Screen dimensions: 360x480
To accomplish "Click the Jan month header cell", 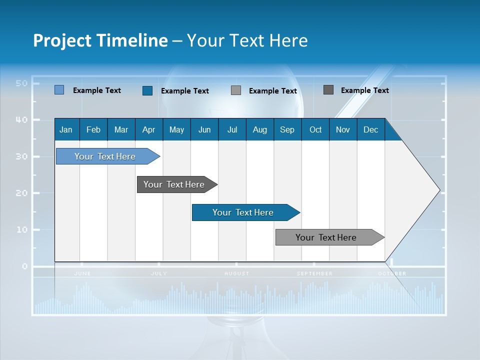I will pos(66,129).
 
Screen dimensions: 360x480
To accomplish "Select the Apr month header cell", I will pos(149,129).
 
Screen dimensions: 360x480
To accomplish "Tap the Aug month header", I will pos(260,129).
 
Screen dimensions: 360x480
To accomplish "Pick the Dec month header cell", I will pos(370,129).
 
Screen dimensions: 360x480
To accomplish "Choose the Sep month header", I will pos(287,129).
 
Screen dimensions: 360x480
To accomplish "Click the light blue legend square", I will pos(59,90).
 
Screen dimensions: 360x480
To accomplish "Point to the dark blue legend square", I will pos(147,90).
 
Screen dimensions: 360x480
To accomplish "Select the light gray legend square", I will pos(236,90).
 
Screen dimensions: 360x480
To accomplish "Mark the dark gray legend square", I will pos(328,90).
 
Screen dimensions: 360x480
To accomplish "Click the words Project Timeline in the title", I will pos(100,40).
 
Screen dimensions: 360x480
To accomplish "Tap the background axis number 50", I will pos(21,83).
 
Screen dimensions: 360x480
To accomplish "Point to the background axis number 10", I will pos(21,229).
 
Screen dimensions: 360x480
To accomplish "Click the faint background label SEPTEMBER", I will pos(314,273).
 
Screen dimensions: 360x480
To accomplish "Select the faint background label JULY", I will pos(159,273).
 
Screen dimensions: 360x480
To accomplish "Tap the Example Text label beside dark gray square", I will pos(364,90).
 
